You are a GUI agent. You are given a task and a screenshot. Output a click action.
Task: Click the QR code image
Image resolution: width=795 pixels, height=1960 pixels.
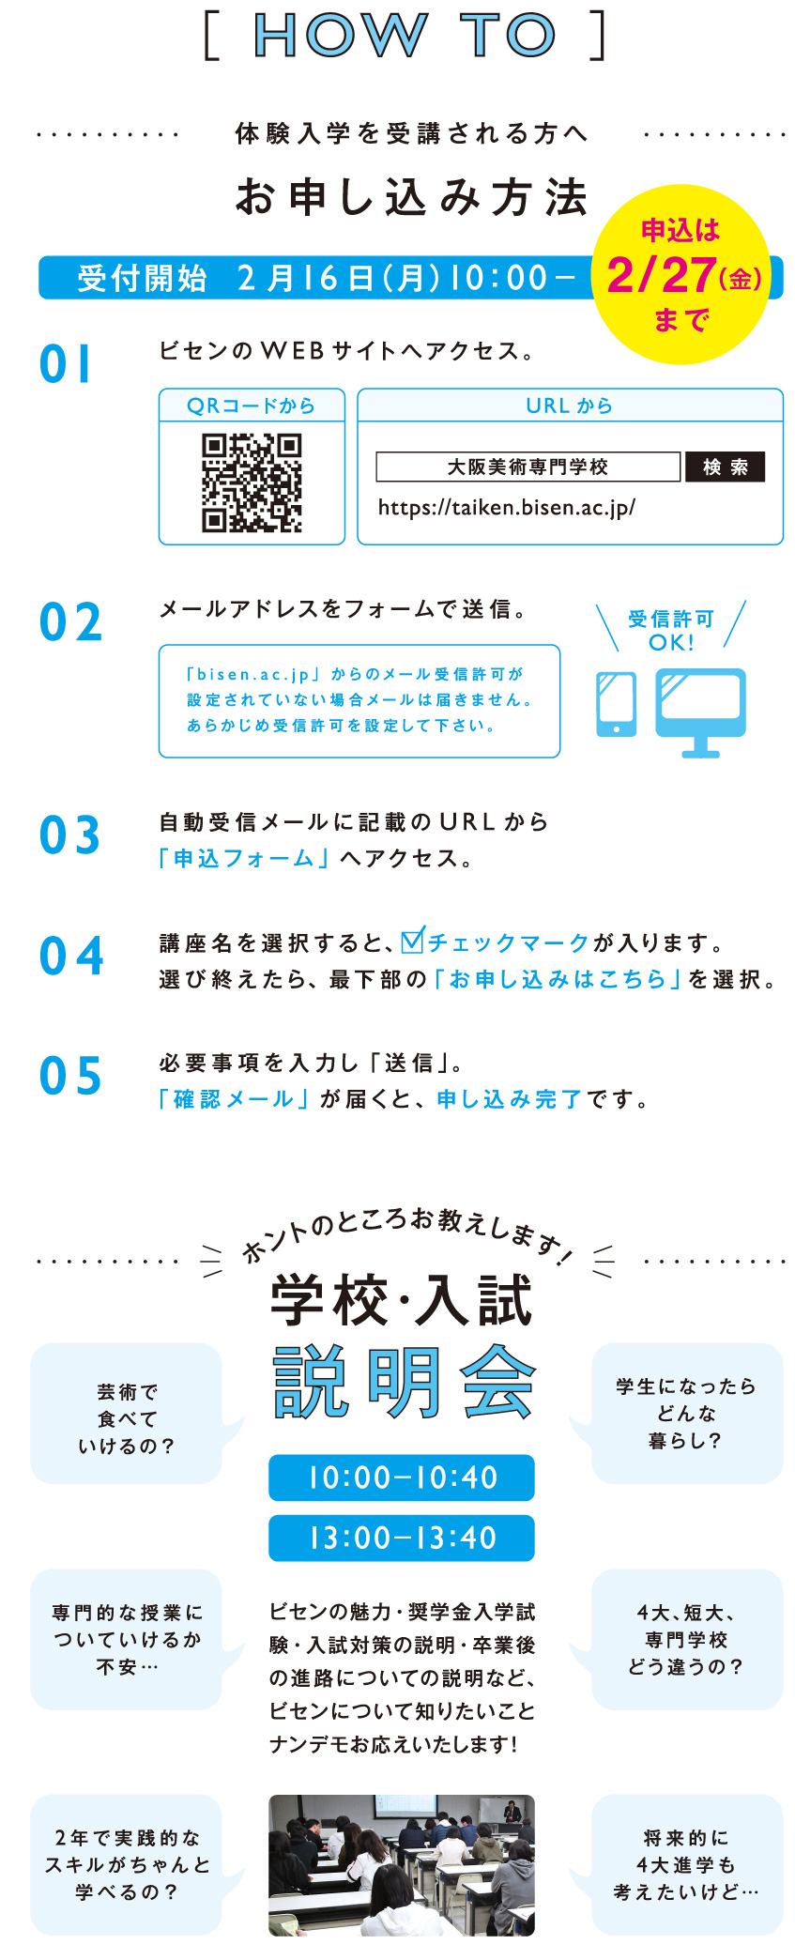tap(252, 482)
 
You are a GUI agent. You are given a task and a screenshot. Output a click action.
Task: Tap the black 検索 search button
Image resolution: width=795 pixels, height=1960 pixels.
tap(725, 467)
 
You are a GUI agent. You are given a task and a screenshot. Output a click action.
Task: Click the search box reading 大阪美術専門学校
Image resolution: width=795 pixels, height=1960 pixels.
tap(527, 467)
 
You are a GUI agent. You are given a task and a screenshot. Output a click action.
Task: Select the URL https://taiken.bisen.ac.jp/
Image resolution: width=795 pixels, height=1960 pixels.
tap(507, 508)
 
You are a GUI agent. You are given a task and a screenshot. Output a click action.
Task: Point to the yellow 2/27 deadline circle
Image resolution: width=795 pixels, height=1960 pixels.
tap(681, 274)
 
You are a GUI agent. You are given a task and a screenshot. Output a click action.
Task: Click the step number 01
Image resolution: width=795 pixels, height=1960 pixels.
tap(66, 364)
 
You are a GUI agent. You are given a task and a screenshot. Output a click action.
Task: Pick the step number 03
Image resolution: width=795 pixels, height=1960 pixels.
tap(69, 835)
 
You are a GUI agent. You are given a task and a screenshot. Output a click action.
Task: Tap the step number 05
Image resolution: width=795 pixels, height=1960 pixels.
tap(69, 1076)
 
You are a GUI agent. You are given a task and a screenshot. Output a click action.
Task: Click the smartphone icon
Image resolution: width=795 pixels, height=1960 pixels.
tap(617, 704)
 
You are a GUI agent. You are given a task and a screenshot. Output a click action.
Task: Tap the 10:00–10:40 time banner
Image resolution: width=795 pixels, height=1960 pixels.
tap(402, 1478)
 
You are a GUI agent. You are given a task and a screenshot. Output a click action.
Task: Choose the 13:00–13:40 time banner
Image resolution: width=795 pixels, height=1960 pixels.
tap(402, 1538)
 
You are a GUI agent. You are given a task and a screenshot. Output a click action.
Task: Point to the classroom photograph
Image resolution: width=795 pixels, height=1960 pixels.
tap(402, 1865)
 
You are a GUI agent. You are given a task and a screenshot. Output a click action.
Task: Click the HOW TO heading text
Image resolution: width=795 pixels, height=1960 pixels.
tap(405, 36)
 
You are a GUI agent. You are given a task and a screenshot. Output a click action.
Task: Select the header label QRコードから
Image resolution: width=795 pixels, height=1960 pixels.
tap(252, 406)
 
